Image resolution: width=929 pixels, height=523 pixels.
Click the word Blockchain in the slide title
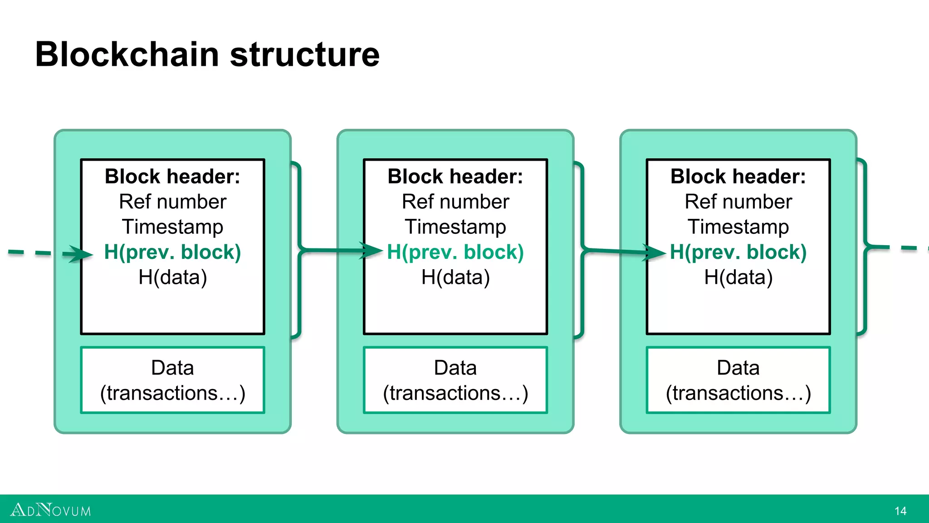coord(127,54)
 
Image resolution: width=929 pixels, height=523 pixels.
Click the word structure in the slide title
coord(304,54)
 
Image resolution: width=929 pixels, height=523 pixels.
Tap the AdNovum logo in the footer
coord(50,510)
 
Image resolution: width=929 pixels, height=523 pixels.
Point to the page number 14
coord(900,511)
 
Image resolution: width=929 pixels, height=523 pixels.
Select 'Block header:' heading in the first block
coord(172,177)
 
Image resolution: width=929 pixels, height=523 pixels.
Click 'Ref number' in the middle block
coord(455,202)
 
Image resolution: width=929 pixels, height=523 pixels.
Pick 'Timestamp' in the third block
coord(738,227)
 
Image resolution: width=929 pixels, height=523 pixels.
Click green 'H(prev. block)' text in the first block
coord(172,252)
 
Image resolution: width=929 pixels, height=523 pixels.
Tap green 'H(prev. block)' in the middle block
coord(455,252)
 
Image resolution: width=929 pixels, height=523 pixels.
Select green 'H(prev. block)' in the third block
coord(738,252)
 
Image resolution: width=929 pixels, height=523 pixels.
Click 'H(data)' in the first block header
coord(172,277)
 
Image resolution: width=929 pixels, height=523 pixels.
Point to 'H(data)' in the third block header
coord(738,277)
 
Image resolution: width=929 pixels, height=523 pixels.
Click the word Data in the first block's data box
coord(172,368)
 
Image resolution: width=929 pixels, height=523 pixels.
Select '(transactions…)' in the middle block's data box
coord(455,393)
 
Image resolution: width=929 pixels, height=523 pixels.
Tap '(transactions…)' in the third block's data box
coord(738,393)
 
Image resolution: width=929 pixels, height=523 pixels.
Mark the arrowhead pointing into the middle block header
coord(371,250)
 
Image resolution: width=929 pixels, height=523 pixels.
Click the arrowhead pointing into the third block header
coord(654,252)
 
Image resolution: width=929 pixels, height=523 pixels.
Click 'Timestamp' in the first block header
coord(172,227)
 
